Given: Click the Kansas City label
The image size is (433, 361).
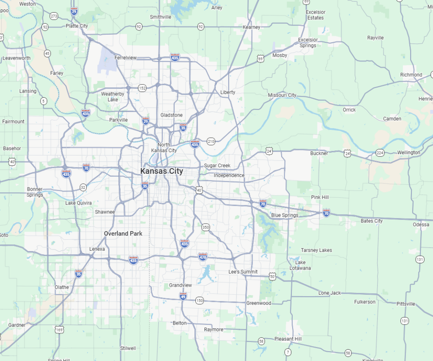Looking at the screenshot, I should click(x=162, y=171).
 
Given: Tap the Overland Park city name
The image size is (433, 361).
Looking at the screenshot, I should click(x=123, y=233).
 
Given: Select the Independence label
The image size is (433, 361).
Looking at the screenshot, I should click(x=229, y=175).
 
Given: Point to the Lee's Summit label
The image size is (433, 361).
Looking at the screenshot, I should click(x=243, y=272).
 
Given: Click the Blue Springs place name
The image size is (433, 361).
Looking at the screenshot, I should click(x=285, y=215).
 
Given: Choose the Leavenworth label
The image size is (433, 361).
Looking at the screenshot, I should click(x=16, y=58).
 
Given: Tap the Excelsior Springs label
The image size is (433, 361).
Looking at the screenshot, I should click(x=307, y=43).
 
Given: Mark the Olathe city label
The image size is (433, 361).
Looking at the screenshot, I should click(x=62, y=287).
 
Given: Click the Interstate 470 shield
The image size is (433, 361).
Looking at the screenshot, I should click(x=203, y=257).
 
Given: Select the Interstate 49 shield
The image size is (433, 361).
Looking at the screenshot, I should click(x=183, y=296).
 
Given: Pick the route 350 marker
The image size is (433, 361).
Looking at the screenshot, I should click(x=206, y=227).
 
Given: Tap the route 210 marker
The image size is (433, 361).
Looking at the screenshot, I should click(x=211, y=141).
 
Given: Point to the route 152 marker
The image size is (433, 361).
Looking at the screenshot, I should click(x=142, y=88).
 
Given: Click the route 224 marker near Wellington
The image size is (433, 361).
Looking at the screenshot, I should click(x=380, y=153).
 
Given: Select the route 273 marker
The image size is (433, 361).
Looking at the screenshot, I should click(x=54, y=16).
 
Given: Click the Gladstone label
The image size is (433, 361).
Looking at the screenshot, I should click(x=171, y=115).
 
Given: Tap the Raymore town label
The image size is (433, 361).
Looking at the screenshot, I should click(x=214, y=329).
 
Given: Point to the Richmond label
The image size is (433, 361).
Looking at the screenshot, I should click(x=411, y=75).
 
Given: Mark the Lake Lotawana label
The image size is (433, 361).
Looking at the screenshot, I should click(x=300, y=265).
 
